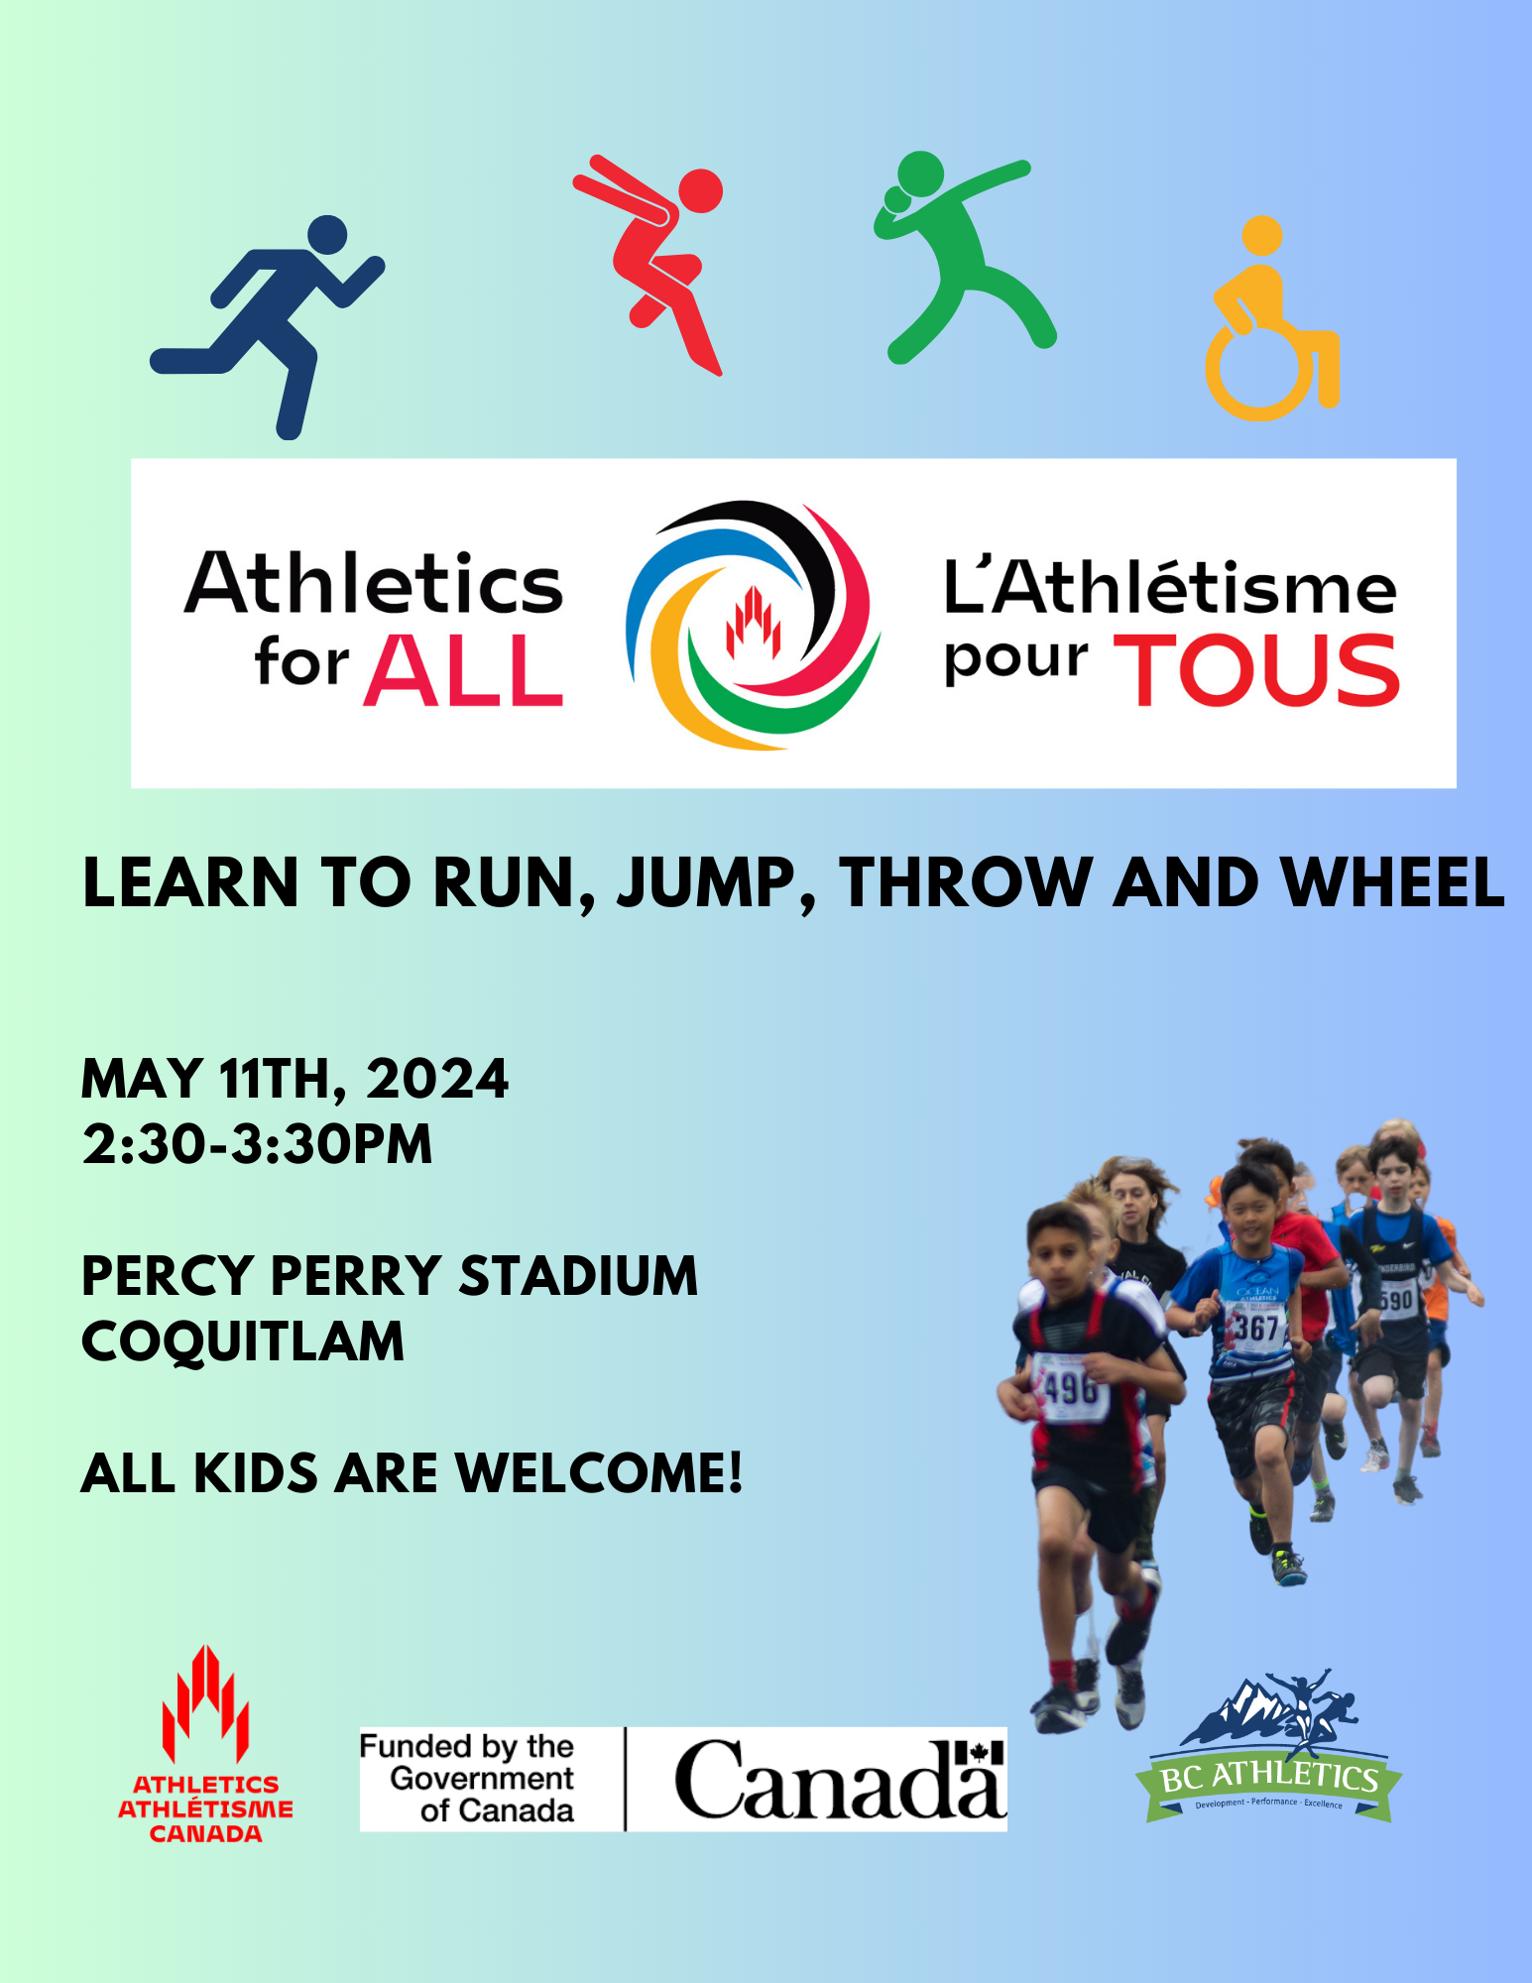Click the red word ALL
(463, 670)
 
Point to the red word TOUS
(1256, 671)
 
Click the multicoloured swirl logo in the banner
(753, 625)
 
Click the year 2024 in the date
(437, 1079)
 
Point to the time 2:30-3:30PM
(258, 1144)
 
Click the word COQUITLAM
(243, 1341)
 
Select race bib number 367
(1256, 1327)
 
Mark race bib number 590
(1396, 1300)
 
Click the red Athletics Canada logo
(205, 1744)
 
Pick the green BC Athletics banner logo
(1268, 1751)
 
